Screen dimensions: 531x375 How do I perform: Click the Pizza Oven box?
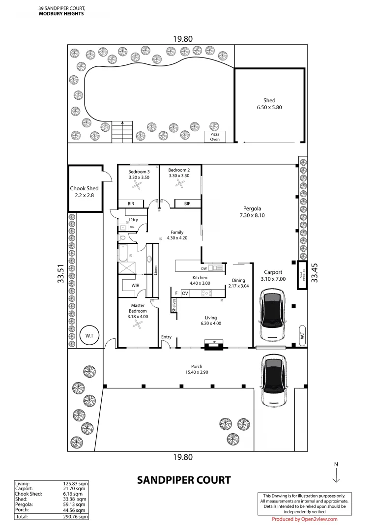click(x=215, y=137)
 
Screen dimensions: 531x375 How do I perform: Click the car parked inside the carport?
click(x=271, y=315)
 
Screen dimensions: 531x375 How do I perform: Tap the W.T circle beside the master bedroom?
click(x=89, y=335)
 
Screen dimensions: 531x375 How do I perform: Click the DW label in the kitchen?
click(x=203, y=268)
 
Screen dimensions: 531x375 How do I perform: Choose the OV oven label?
click(x=185, y=293)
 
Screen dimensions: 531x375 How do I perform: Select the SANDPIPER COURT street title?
click(x=183, y=480)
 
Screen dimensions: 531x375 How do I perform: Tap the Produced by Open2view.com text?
click(x=304, y=519)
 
